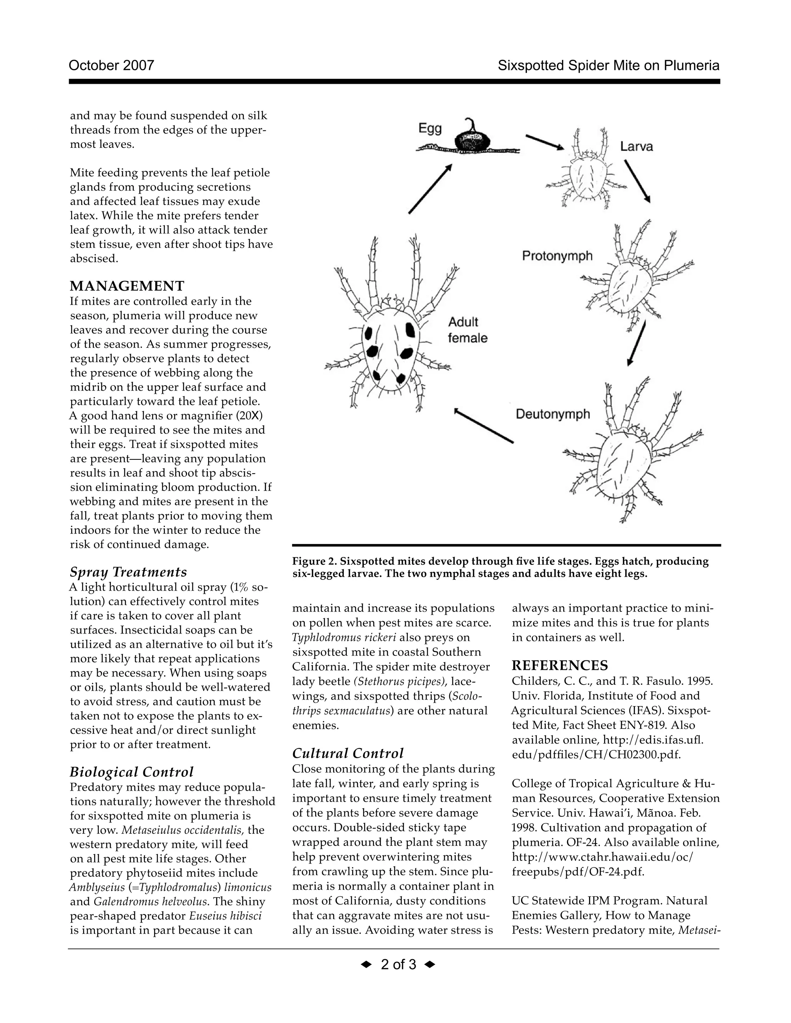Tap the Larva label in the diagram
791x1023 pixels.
coord(637,147)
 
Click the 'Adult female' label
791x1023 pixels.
coord(467,330)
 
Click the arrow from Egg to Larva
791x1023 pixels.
coord(545,142)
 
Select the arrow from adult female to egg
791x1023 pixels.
coord(430,189)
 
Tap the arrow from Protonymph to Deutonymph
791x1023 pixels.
coord(637,343)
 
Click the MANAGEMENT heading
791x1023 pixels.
coord(127,286)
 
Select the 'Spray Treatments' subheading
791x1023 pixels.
coord(128,572)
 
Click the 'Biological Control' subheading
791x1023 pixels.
coord(131,772)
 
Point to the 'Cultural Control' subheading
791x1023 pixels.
coord(347,753)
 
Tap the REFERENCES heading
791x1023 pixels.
coord(560,665)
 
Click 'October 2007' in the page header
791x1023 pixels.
coord(111,65)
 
